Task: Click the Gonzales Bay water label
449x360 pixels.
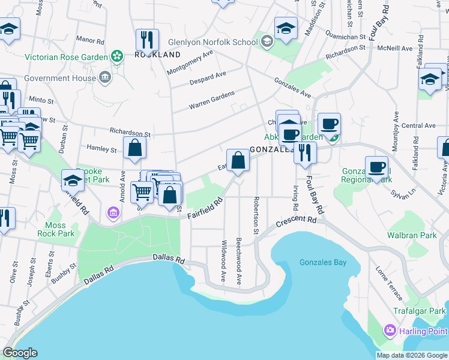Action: [323, 263]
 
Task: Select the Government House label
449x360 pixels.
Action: [60, 78]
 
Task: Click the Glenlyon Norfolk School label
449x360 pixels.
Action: [204, 42]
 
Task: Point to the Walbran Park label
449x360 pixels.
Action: [412, 235]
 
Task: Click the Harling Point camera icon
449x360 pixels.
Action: [390, 331]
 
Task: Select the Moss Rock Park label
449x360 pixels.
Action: [56, 229]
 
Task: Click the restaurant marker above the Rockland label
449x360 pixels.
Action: [147, 40]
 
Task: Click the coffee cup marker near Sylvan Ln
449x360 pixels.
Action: [376, 167]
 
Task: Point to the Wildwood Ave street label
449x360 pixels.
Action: [223, 262]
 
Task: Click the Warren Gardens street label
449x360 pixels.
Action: [211, 101]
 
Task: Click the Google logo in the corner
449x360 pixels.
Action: [20, 353]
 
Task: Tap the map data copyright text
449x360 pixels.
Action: [412, 355]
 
